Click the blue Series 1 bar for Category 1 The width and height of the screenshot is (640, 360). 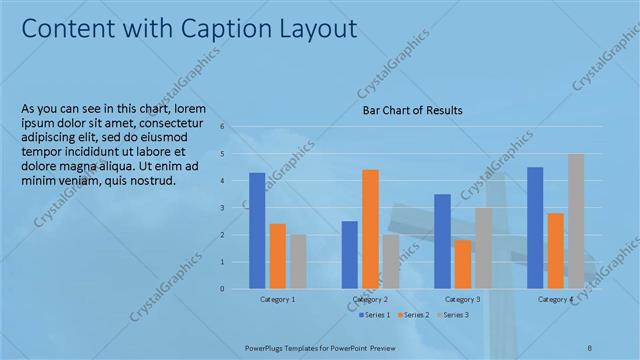pos(257,231)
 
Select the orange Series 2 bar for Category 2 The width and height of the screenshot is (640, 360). pos(370,229)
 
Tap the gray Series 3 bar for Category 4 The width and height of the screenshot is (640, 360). pos(576,221)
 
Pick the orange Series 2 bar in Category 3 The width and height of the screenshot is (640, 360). pos(462,264)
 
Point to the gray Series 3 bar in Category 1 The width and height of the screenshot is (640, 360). pos(298,262)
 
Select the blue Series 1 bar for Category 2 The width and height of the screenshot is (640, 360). pos(349,255)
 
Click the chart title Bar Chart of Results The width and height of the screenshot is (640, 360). pos(412,111)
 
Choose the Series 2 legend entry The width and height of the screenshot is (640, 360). pos(415,315)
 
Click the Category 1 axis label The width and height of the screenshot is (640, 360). pos(277,300)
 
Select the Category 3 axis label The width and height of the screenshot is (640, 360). pos(463,300)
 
